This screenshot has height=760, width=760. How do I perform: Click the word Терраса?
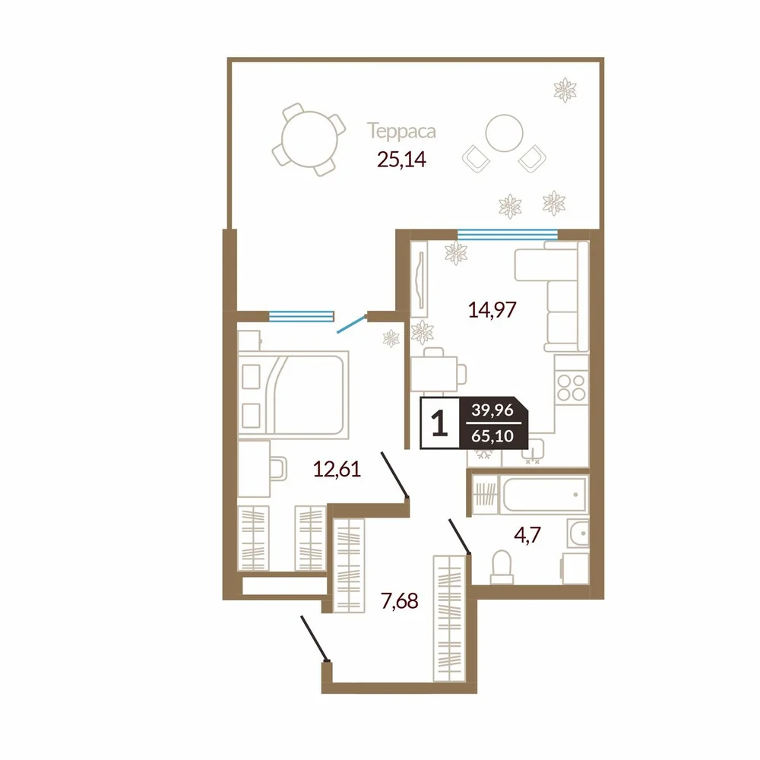[x=401, y=131]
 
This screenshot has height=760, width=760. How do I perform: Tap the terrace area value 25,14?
[x=401, y=159]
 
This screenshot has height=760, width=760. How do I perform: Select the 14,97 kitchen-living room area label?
[x=492, y=309]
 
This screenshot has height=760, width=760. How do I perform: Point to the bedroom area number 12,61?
[x=337, y=469]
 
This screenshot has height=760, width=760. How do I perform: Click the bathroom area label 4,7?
[x=527, y=536]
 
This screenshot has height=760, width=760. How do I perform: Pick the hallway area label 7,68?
[x=400, y=601]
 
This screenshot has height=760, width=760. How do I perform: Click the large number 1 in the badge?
[x=439, y=423]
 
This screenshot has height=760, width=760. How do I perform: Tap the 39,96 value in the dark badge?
[x=492, y=410]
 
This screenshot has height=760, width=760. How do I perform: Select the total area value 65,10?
[x=492, y=436]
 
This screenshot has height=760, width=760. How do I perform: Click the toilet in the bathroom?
[x=502, y=567]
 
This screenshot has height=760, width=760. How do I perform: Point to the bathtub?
[x=545, y=495]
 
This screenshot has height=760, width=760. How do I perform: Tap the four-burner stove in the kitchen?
[x=572, y=387]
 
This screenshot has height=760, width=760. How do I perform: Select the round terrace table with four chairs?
[x=309, y=140]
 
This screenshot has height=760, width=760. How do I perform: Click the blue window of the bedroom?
[x=302, y=316]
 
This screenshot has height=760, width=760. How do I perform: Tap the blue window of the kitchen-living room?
[x=508, y=235]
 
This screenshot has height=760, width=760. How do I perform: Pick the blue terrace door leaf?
[x=351, y=325]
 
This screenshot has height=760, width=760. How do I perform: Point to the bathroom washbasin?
[x=578, y=534]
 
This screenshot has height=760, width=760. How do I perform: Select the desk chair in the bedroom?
[x=278, y=468]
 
